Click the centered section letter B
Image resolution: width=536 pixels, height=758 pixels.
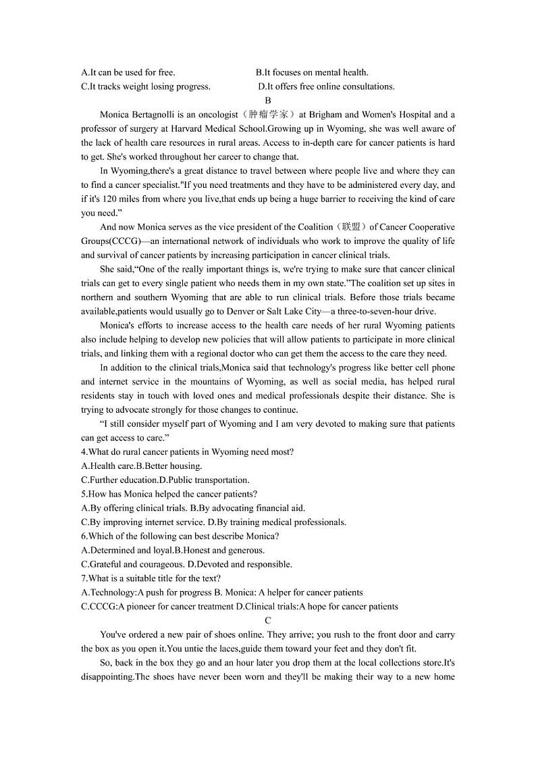(268, 101)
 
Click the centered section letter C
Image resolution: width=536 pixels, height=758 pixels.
(268, 620)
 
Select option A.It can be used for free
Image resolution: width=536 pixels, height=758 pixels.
(128, 72)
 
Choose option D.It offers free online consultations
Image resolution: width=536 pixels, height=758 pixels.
(326, 86)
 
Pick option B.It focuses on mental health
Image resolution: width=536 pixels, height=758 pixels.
(312, 72)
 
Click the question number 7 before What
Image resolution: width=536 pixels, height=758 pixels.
(84, 578)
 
